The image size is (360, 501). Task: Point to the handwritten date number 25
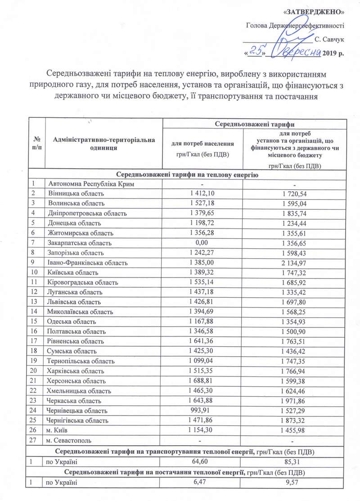point(256,53)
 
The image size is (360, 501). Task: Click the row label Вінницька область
point(76,193)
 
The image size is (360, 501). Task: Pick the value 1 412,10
point(202,193)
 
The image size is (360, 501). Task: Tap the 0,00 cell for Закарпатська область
point(202,243)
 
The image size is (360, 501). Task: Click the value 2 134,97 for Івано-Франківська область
point(294,263)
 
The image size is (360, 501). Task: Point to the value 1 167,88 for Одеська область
point(202,322)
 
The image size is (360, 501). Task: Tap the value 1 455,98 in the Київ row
point(294,430)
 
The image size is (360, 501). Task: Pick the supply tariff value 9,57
point(294,482)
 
